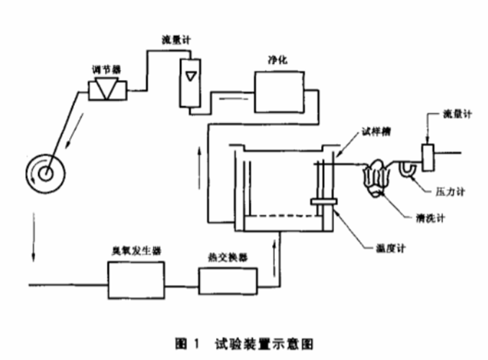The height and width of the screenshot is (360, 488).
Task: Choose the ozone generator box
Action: [136, 280]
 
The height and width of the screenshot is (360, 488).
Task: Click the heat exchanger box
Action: [227, 282]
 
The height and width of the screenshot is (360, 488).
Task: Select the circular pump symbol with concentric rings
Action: [44, 172]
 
